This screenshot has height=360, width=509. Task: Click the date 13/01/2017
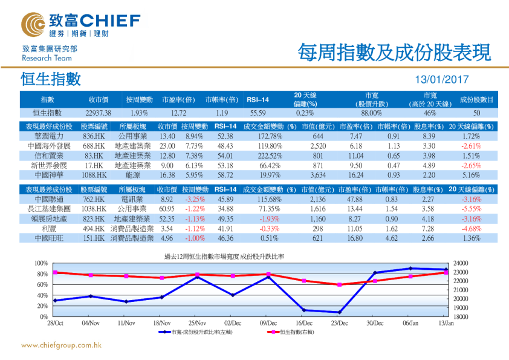pos(443,80)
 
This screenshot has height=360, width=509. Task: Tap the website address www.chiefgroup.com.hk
pos(61,345)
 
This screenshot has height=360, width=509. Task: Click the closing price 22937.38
pos(98,113)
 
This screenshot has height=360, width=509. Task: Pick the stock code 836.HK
pos(94,136)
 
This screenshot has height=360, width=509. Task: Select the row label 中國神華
pos(50,174)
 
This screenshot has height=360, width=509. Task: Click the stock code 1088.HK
pos(94,174)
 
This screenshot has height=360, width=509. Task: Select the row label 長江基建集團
pos(50,209)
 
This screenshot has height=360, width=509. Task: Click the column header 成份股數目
pos(476,99)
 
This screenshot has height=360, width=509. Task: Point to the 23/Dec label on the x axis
pos(339,323)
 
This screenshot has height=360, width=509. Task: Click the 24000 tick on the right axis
pos(461,263)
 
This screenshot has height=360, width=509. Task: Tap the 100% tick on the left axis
pos(41,263)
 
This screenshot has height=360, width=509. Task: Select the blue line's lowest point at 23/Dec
pos(340,312)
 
